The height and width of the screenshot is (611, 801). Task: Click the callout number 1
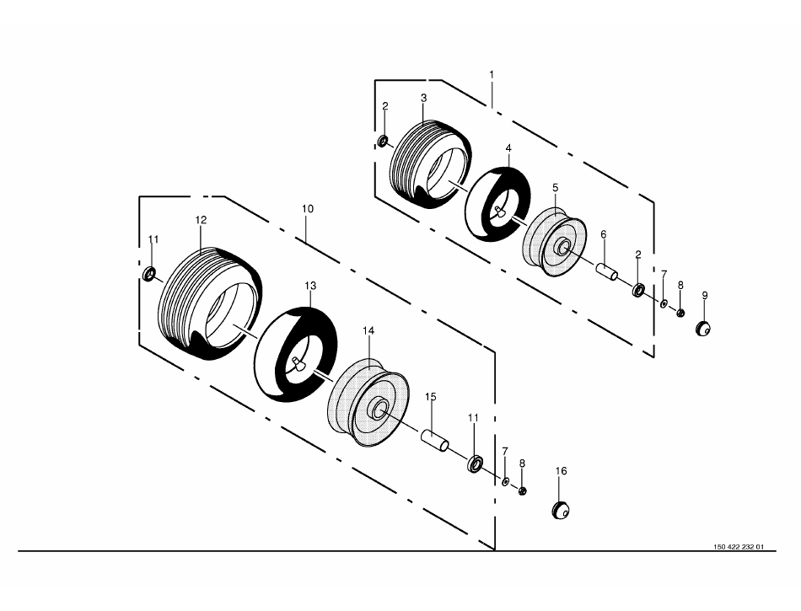click(492, 74)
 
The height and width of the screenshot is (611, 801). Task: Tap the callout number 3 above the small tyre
click(423, 98)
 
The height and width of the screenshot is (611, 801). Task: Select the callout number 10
click(308, 208)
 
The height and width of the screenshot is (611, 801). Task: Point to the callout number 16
click(561, 470)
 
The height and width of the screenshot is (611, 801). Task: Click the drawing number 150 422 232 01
click(739, 547)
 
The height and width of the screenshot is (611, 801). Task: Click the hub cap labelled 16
click(561, 510)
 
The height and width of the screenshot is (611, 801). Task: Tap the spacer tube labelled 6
click(606, 271)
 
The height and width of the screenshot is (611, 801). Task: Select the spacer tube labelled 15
click(435, 441)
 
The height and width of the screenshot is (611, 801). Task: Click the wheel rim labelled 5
click(554, 242)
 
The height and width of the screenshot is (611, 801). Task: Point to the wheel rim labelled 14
click(368, 403)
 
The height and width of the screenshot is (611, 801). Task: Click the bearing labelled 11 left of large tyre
click(149, 274)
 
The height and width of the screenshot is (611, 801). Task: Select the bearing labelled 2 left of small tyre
click(383, 141)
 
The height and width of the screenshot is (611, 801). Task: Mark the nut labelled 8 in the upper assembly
click(680, 313)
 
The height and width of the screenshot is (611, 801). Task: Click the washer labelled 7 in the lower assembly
click(505, 481)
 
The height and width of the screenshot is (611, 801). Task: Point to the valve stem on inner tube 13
click(298, 363)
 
